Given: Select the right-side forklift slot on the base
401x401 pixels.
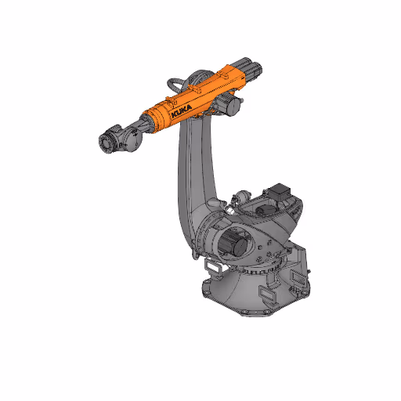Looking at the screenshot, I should tap(298, 280).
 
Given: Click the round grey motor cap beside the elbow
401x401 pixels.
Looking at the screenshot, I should tap(231, 105).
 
